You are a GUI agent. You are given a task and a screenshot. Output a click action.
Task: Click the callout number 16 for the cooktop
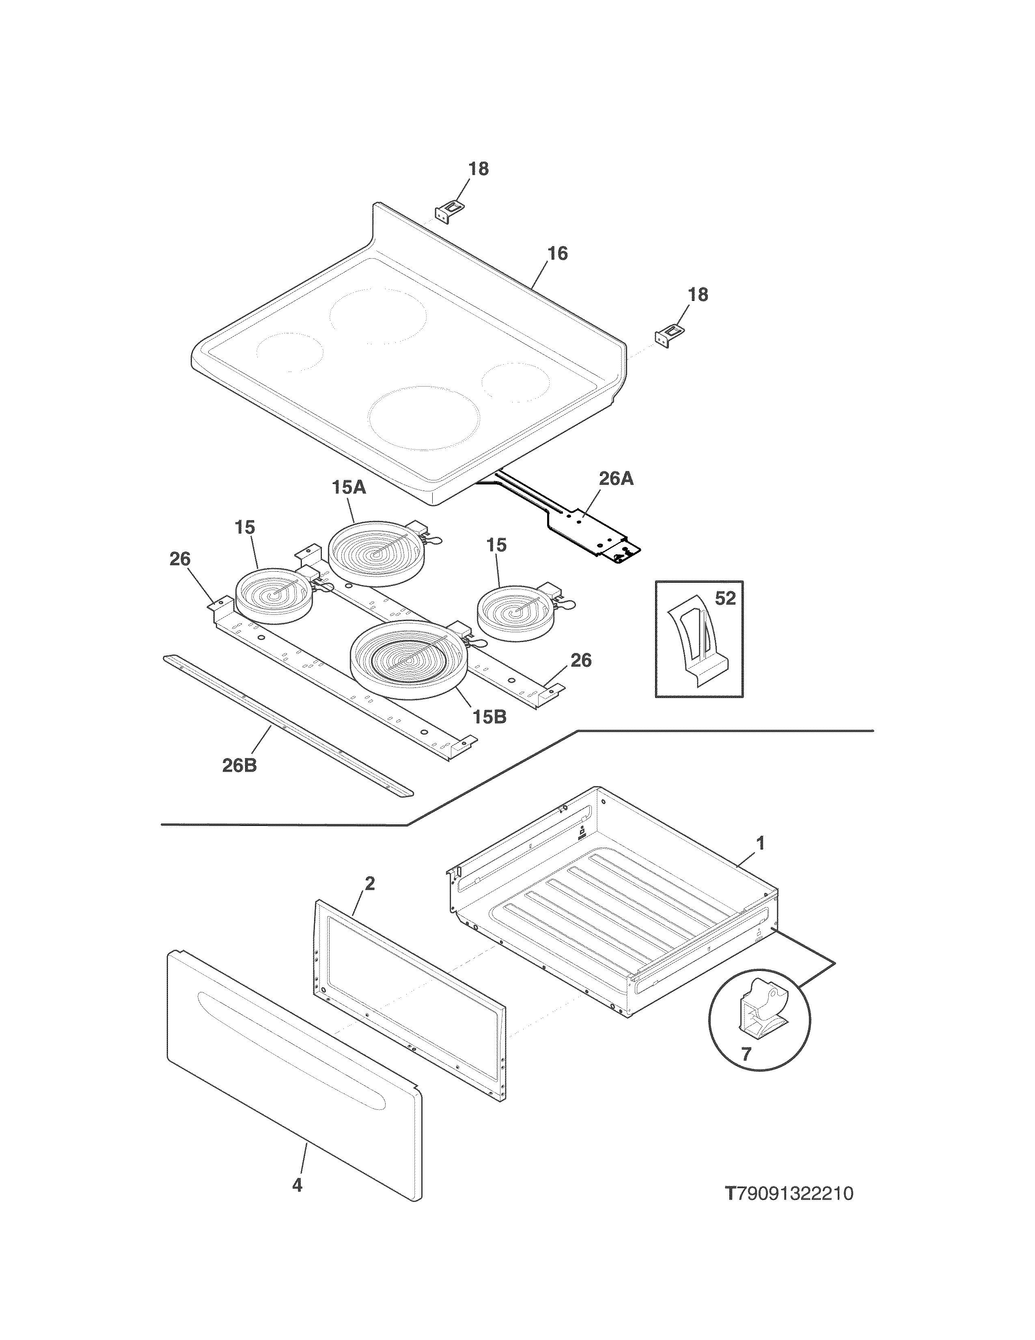tap(557, 253)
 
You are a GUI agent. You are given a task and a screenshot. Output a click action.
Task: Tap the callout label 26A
tap(616, 479)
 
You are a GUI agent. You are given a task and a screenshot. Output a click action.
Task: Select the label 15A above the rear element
tap(349, 488)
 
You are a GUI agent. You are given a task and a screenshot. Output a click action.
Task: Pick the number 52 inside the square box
tap(725, 598)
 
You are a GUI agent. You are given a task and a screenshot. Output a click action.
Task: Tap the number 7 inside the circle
tap(746, 1054)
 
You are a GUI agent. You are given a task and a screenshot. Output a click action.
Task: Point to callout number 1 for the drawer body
tap(760, 844)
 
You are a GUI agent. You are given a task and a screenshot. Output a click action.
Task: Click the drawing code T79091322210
tap(789, 1194)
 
